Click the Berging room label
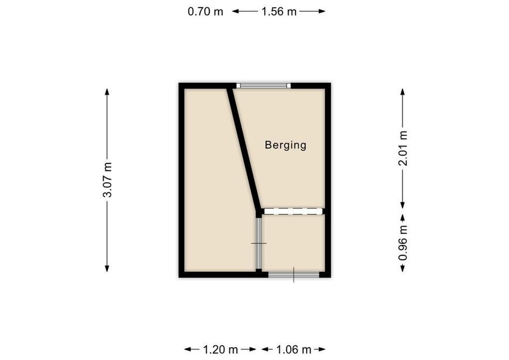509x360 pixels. pyautogui.click(x=285, y=145)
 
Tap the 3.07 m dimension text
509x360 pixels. pyautogui.click(x=108, y=180)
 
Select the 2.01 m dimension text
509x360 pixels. pyautogui.click(x=403, y=148)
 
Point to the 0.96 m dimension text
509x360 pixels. pyautogui.click(x=403, y=243)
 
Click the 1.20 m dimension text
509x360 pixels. pyautogui.click(x=220, y=349)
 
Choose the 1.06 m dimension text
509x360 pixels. pyautogui.click(x=293, y=349)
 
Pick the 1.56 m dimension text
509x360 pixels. pyautogui.click(x=279, y=12)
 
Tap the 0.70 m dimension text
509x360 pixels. pyautogui.click(x=205, y=12)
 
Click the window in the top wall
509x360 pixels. pyautogui.click(x=264, y=85)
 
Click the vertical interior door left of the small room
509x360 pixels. pyautogui.click(x=259, y=243)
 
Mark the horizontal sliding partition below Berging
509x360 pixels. pyautogui.click(x=293, y=211)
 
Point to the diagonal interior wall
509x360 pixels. pyautogui.click(x=244, y=148)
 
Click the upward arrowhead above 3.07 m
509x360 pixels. pyautogui.click(x=107, y=91)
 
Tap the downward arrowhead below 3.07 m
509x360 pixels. pyautogui.click(x=107, y=269)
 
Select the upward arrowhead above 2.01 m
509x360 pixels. pyautogui.click(x=403, y=91)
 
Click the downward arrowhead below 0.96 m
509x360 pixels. pyautogui.click(x=403, y=269)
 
